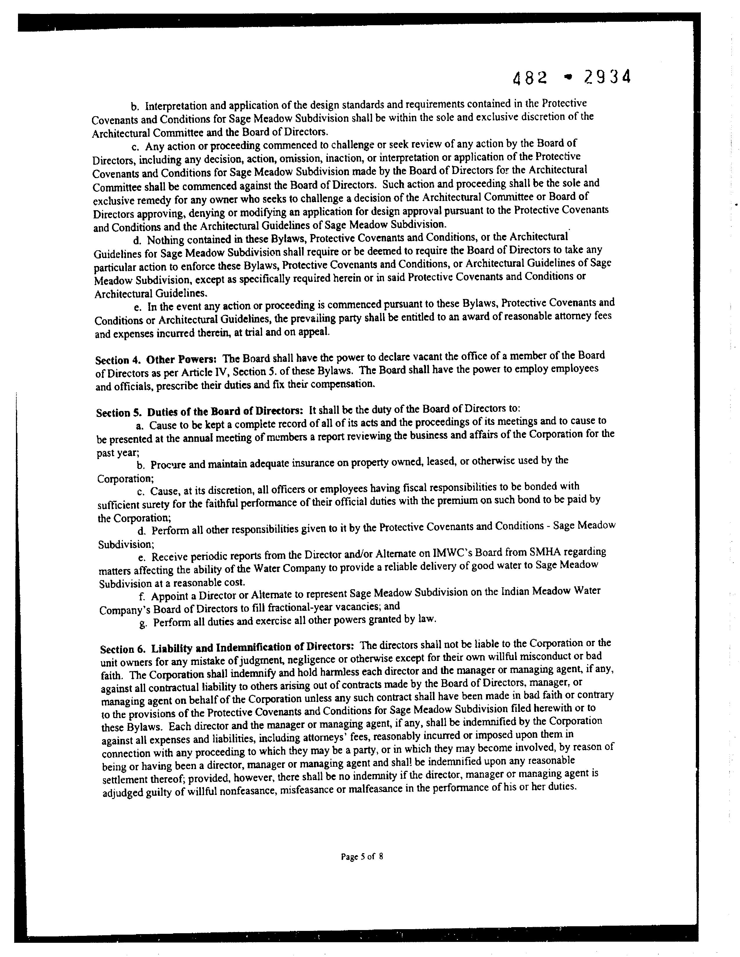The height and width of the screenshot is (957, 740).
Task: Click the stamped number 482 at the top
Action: click(530, 78)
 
